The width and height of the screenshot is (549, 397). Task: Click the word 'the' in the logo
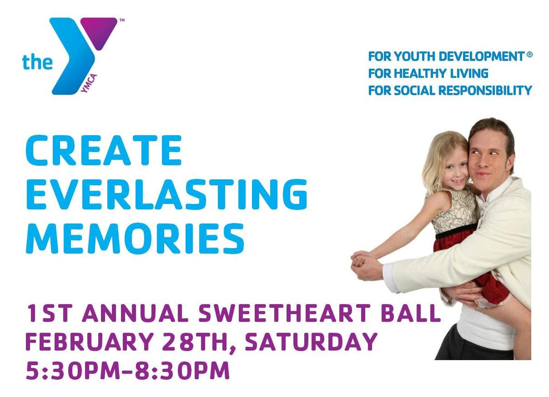coord(37,62)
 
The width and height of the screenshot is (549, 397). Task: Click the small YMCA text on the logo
coord(89,84)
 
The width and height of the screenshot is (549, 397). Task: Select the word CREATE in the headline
coord(104,150)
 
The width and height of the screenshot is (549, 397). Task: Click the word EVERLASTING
coord(166,194)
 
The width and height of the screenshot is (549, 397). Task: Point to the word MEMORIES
coord(135,238)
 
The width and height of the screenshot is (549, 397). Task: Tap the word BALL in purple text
coord(411,313)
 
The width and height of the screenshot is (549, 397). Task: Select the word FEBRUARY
coord(90,341)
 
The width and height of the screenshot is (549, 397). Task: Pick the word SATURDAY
coord(311,341)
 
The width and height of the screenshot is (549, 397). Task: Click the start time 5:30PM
coord(73,370)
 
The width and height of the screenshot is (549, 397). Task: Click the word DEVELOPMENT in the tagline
coord(481,56)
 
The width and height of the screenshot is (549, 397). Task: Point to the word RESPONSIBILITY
coord(485,90)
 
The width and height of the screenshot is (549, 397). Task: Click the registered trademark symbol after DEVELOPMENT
coord(529,55)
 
